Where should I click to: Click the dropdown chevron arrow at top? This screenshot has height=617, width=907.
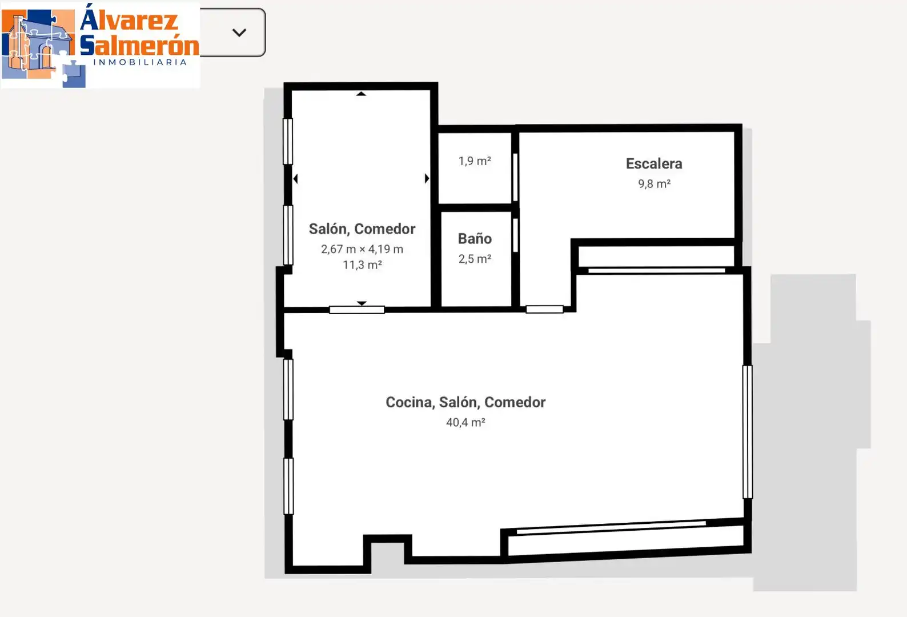pos(239,33)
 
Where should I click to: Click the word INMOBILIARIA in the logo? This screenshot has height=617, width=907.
pos(140,62)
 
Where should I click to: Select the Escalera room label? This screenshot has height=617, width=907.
pos(654,163)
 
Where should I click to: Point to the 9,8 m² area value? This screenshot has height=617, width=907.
pos(655,183)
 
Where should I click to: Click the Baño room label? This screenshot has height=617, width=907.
pos(475,239)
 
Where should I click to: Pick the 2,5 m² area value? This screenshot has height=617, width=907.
pos(475,258)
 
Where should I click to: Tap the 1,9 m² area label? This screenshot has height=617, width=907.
pos(475,161)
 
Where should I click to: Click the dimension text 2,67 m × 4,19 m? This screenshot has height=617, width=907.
pos(362,249)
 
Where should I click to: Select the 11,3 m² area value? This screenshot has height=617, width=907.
pos(362,265)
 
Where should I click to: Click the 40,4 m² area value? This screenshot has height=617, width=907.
pos(465,422)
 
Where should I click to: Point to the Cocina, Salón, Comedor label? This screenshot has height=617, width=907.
pos(465,402)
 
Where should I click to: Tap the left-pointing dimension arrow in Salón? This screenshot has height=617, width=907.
pos(296,179)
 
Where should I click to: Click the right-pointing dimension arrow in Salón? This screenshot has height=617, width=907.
pos(427,178)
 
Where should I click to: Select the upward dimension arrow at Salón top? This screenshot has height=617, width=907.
pos(361,94)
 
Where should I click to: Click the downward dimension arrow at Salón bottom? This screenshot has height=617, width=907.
pos(362,303)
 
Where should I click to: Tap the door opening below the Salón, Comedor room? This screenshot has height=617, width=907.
pos(357,310)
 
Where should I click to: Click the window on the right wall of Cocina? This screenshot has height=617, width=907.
pos(748,432)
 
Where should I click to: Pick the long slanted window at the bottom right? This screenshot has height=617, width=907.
pos(611,527)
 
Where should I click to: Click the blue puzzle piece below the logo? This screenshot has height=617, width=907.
pos(74,74)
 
